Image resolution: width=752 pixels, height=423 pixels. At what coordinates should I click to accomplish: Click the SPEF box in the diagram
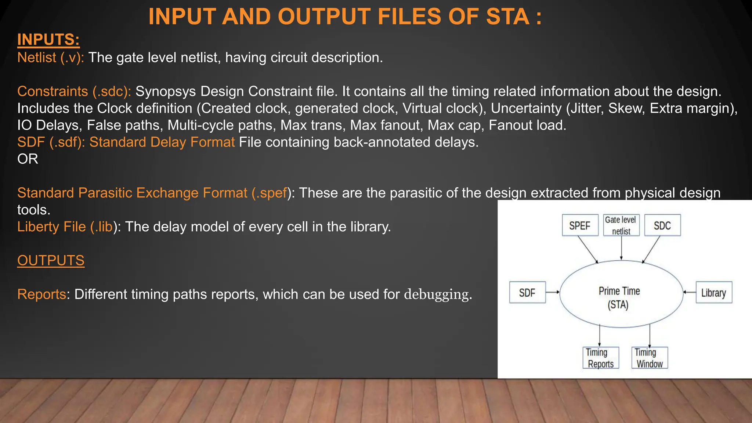point(580,225)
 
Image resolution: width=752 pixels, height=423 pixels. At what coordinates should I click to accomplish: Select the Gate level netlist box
point(621,225)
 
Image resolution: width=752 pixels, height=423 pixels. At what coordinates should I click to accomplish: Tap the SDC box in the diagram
point(662,225)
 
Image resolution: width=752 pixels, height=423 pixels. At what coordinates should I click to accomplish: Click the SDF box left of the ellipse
point(527,293)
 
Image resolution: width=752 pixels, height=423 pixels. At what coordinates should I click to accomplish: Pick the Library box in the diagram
point(713,293)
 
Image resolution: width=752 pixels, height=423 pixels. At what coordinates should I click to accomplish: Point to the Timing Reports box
point(601,358)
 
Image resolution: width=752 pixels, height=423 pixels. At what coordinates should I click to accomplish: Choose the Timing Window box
point(649,358)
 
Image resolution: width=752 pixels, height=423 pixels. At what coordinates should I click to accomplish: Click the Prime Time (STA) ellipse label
point(619,297)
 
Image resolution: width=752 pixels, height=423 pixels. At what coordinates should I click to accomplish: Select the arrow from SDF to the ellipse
point(553,292)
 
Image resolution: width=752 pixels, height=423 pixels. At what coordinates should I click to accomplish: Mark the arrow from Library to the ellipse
point(690,292)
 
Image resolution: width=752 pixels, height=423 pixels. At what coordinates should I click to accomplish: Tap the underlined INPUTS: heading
point(48,40)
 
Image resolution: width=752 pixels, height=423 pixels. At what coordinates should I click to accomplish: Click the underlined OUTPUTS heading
point(51,260)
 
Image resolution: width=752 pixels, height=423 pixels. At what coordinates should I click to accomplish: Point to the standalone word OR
point(28,159)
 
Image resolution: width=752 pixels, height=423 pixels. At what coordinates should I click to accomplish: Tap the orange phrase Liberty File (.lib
point(65,227)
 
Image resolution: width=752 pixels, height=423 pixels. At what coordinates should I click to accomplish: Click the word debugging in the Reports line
point(436,294)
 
